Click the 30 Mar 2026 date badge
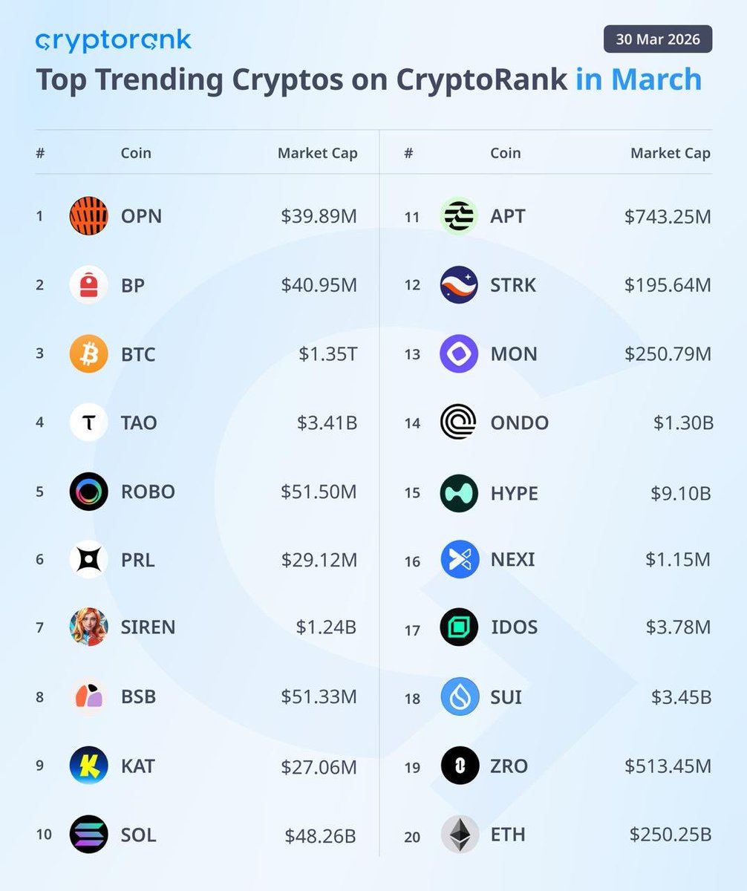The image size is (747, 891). coord(657,39)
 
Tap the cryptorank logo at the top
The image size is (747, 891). coord(113,40)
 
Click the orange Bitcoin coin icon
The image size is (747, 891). coord(89,354)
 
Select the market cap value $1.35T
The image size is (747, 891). coord(328,354)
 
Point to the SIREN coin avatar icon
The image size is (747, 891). coord(89,627)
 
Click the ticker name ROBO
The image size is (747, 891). coord(148,492)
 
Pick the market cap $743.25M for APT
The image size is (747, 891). coord(668,216)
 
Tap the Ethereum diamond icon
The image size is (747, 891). coord(460,835)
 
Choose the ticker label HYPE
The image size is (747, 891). coord(514,493)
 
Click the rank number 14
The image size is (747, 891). coord(412,423)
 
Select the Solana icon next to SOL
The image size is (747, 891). coord(89,835)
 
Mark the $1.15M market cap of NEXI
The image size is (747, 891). coord(678,559)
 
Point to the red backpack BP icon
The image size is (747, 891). coord(89,285)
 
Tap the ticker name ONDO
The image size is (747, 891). coord(519,422)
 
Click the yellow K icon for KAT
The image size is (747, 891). coord(89,766)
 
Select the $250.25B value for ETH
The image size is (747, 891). coord(670,835)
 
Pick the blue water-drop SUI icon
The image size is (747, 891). coord(460,697)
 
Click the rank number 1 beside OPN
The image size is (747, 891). coord(39,216)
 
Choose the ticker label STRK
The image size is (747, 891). coord(513,285)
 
